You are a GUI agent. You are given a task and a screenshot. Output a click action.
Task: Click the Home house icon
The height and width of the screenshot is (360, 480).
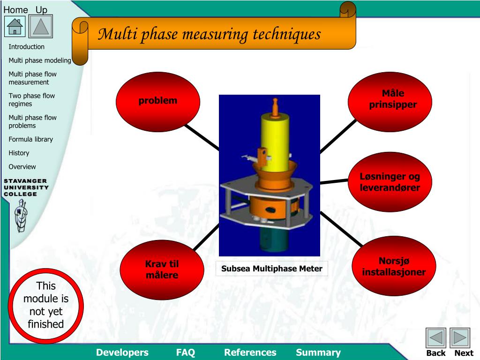click(15, 26)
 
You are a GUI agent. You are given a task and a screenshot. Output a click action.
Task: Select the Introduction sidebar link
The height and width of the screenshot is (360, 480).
click(26, 47)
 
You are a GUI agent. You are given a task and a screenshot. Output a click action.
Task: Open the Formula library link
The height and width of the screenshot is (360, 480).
click(30, 139)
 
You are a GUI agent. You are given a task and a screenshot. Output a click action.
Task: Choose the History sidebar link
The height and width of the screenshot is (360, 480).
click(19, 153)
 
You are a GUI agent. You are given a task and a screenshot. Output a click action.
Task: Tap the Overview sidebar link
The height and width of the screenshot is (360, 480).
click(22, 166)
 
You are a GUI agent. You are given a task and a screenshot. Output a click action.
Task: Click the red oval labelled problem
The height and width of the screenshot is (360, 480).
click(158, 101)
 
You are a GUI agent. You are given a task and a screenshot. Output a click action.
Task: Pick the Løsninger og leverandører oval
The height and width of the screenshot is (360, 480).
click(390, 182)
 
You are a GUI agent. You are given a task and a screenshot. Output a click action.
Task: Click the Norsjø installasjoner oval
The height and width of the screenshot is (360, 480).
click(394, 266)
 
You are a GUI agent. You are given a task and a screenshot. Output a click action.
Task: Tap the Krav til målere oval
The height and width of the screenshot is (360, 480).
click(162, 270)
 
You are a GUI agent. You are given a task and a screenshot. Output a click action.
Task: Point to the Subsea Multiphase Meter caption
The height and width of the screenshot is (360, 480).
click(272, 269)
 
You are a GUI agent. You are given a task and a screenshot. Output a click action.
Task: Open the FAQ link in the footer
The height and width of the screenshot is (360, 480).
click(186, 352)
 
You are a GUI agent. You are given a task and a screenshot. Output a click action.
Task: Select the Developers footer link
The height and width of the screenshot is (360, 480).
click(122, 352)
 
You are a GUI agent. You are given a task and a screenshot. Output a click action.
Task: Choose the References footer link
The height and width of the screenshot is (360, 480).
click(250, 352)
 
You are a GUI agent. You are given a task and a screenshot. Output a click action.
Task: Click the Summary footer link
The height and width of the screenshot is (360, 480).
click(318, 352)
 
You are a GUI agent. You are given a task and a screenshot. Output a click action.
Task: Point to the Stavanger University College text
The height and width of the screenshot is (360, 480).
click(26, 187)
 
